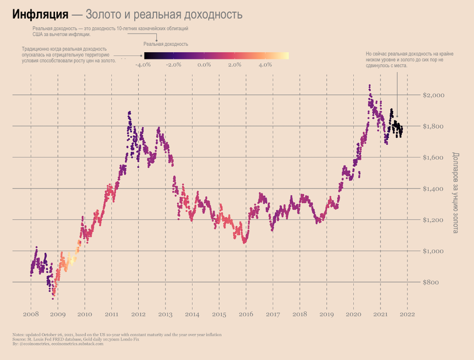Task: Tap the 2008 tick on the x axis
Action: point(31,314)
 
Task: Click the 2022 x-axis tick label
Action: point(407,314)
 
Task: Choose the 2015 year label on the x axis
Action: point(219,314)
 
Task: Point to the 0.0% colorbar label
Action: point(204,65)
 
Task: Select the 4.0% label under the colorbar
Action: point(265,65)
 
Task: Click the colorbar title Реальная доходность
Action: point(165,44)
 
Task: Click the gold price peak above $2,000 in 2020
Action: point(369,86)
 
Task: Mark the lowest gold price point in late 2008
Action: point(53,298)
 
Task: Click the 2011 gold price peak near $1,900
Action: point(129,113)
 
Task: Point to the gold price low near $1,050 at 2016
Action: point(245,241)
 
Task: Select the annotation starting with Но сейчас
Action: point(409,59)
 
